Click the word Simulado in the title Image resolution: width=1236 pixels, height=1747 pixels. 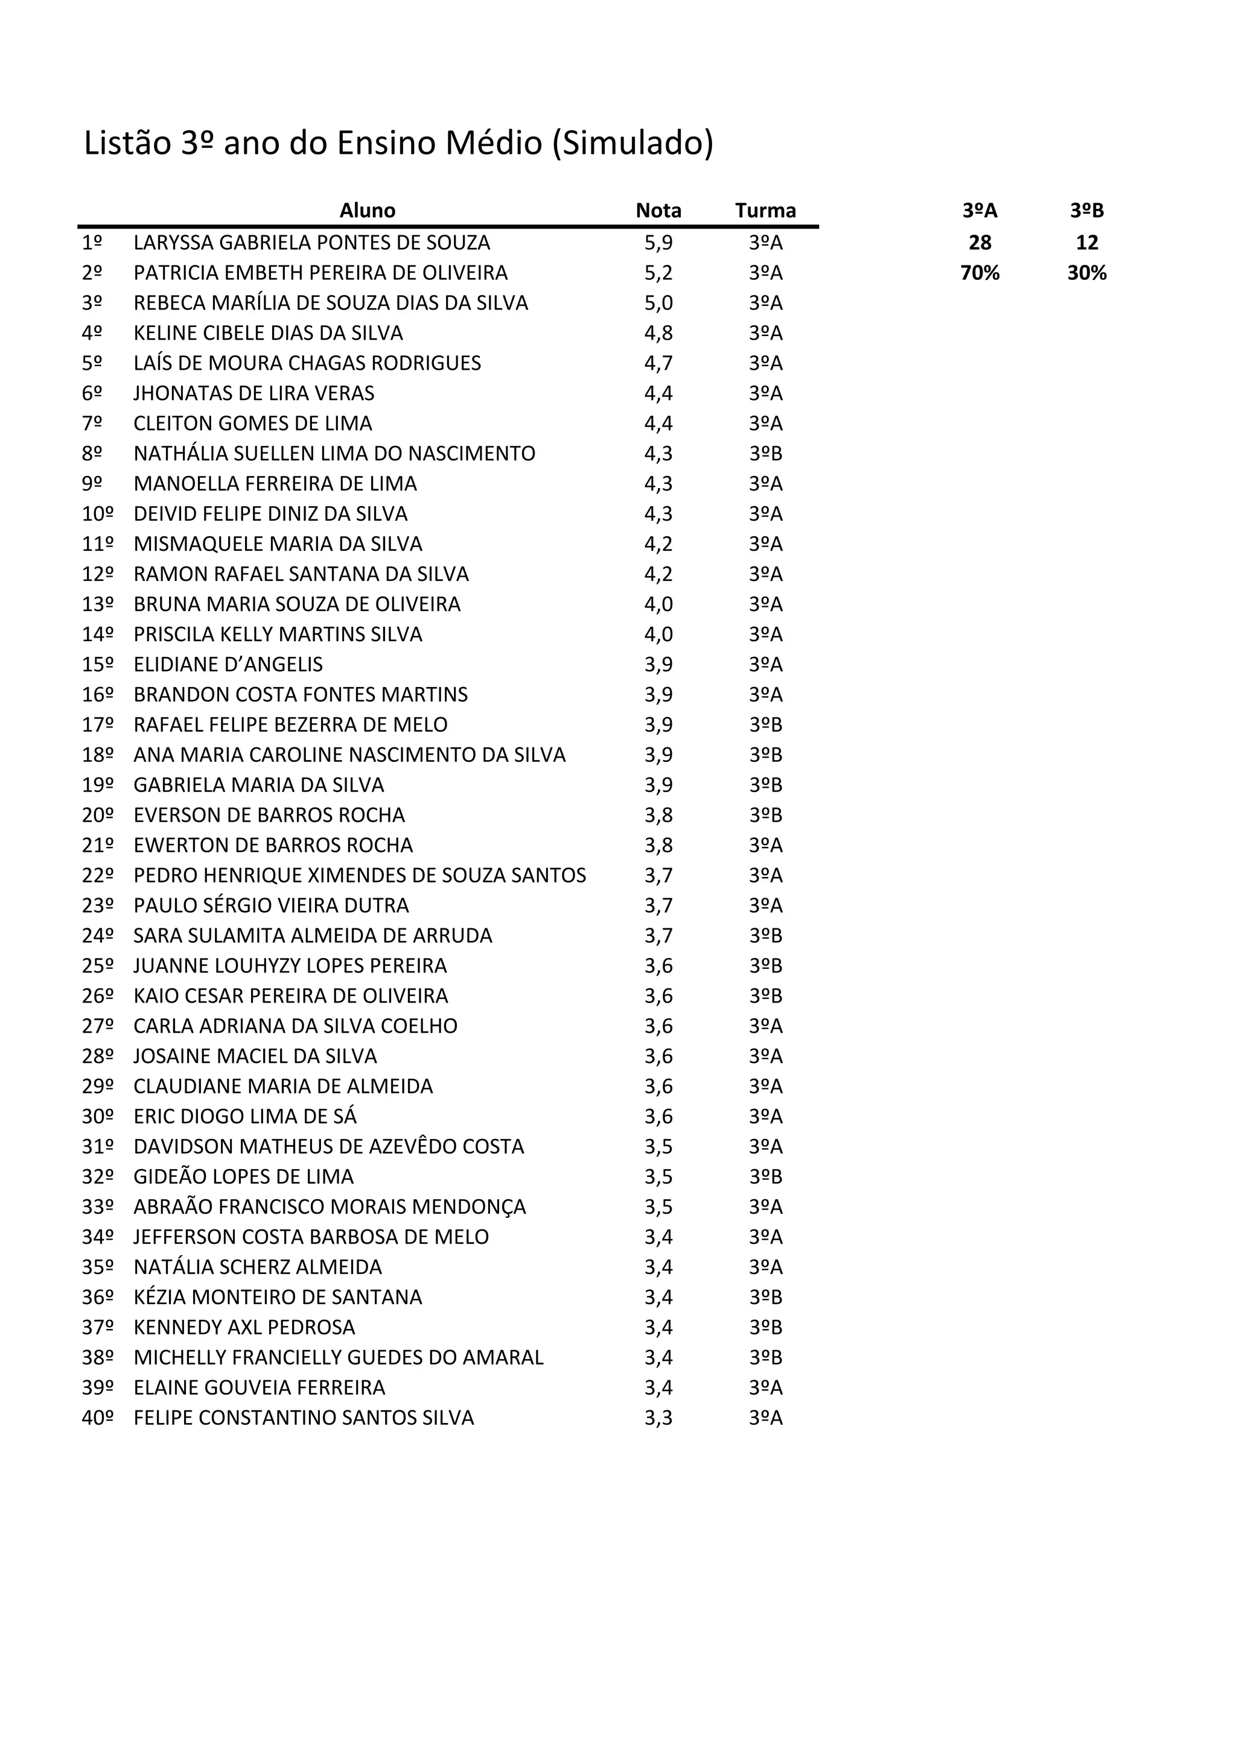(x=633, y=144)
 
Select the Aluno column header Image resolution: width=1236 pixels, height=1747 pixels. (x=367, y=211)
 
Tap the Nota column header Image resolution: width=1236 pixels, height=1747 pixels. (x=658, y=211)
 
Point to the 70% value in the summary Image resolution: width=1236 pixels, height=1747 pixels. (x=980, y=273)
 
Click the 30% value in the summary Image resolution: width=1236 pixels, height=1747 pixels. (x=1086, y=273)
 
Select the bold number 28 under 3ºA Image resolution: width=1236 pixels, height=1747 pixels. (x=980, y=243)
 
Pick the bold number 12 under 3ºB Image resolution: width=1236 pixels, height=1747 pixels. (x=1087, y=243)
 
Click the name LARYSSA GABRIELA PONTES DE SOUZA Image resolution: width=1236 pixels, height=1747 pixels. (x=311, y=243)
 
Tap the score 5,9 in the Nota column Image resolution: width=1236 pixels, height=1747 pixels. (x=658, y=243)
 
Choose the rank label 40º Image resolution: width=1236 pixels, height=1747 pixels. (x=97, y=1418)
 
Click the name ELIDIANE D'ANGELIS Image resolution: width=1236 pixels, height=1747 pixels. (x=228, y=665)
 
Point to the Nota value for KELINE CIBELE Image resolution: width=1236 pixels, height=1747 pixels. (x=658, y=333)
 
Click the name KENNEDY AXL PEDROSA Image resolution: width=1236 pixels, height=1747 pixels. (x=244, y=1328)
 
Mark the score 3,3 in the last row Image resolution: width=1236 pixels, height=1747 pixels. (x=658, y=1418)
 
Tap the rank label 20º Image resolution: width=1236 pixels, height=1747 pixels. (x=97, y=816)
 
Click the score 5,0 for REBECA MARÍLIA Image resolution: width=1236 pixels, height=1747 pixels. (x=658, y=303)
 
